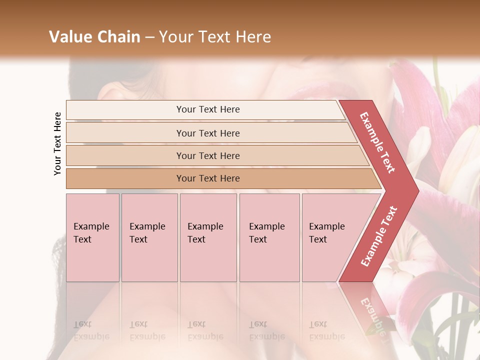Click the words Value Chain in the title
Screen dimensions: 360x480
94,37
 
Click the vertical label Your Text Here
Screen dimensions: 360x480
57,143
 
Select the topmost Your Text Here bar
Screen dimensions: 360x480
207,109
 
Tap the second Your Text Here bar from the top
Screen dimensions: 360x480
207,133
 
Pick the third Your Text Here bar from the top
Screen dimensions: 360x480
207,155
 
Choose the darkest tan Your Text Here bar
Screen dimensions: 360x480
207,178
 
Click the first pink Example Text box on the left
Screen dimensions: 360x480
92,237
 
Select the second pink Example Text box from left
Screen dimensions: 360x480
149,237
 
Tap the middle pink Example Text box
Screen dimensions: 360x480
208,237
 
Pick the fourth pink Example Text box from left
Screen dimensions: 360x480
269,237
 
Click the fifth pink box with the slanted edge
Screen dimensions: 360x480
330,237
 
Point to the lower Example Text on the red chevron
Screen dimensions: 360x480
379,236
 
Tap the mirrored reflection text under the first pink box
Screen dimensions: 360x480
91,330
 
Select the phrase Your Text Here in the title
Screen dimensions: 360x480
214,37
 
